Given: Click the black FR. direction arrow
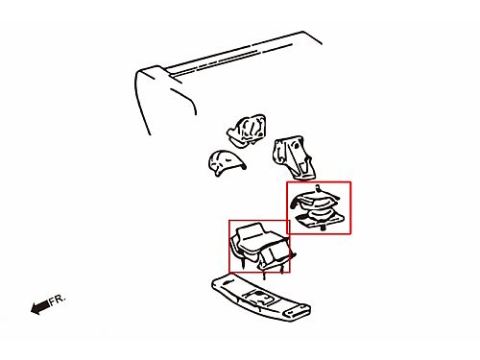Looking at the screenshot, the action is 40,307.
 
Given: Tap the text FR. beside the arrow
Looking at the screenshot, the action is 58,300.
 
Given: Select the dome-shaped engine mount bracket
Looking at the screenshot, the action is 227,162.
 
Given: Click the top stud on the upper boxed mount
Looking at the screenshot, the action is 318,188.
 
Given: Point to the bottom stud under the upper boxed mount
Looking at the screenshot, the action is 323,228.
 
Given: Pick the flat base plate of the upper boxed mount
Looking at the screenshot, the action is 320,221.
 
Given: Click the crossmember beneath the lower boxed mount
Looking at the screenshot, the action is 260,298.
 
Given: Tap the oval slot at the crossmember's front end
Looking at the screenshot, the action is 227,282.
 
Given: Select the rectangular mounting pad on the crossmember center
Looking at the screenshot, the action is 262,298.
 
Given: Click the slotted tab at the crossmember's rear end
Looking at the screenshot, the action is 298,312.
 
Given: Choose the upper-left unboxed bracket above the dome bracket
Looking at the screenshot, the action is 247,131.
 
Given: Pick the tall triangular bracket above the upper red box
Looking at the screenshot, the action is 293,157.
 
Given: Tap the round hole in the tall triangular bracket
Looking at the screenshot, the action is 297,146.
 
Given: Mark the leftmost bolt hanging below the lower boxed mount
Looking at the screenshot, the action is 243,263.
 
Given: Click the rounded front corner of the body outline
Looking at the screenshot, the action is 146,70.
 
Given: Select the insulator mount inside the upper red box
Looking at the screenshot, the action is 317,208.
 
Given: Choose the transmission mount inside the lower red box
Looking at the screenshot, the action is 262,250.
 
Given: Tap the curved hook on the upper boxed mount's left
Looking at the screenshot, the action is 295,204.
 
